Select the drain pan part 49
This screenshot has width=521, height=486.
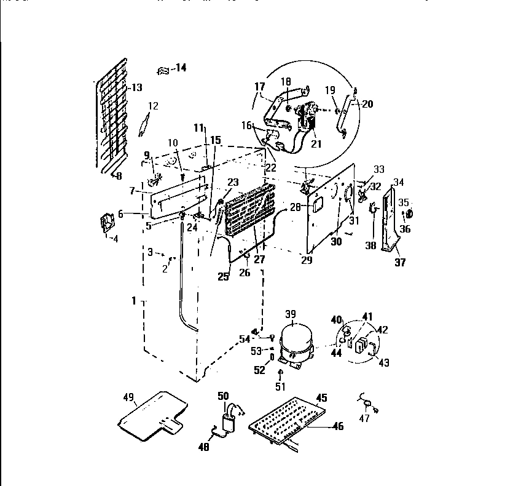tap(151, 415)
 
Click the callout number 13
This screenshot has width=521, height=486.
tap(136, 87)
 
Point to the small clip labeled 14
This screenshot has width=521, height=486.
tap(163, 71)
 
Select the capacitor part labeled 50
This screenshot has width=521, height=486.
tap(230, 419)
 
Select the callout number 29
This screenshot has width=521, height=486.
tap(307, 261)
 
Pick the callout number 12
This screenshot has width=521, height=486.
tap(153, 106)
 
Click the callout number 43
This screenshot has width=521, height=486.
tap(384, 362)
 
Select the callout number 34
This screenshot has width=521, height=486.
tap(398, 181)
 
